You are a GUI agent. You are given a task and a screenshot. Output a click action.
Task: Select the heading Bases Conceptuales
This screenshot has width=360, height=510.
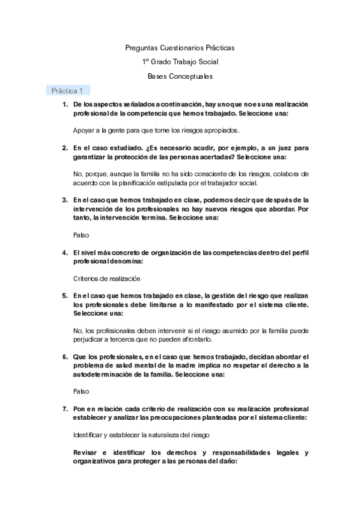click(x=180, y=76)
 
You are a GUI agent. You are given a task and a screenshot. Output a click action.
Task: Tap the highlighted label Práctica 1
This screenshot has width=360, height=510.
click(x=67, y=91)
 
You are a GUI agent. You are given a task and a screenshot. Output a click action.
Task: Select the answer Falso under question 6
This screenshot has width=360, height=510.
click(x=81, y=390)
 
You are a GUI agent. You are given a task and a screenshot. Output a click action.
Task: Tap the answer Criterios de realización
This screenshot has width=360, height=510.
click(x=106, y=279)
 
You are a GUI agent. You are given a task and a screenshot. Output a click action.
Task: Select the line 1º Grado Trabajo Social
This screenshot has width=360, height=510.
click(x=180, y=61)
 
